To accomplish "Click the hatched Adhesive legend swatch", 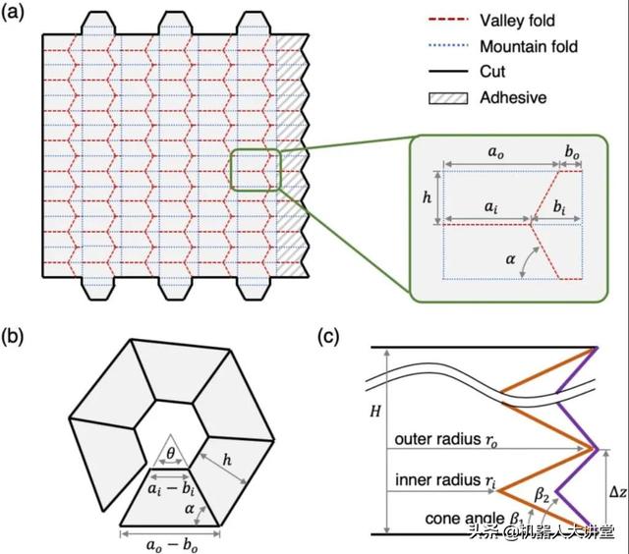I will (440, 98).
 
